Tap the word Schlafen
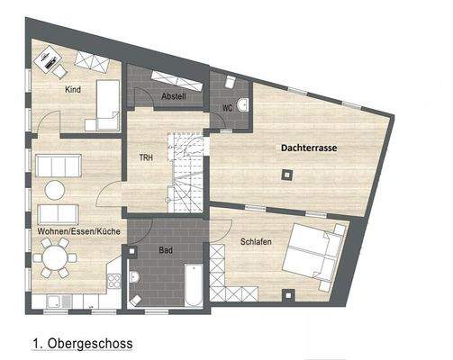pyautogui.click(x=258, y=241)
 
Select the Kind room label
pyautogui.click(x=73, y=89)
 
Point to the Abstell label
pyautogui.click(x=172, y=96)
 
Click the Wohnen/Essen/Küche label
pyautogui.click(x=79, y=231)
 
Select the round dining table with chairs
pyautogui.click(x=57, y=262)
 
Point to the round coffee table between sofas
pyautogui.click(x=56, y=190)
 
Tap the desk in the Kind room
pyautogui.click(x=47, y=62)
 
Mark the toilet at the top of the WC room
pyautogui.click(x=230, y=83)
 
